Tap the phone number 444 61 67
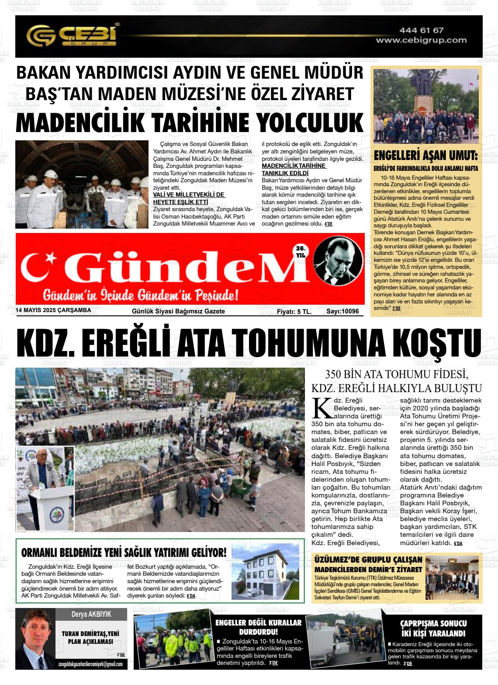[x=421, y=30]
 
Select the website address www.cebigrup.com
[x=421, y=40]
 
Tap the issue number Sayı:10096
[x=342, y=311]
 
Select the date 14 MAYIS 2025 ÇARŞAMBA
[x=53, y=310]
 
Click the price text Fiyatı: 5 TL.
[x=294, y=311]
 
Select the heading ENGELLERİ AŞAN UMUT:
[x=425, y=156]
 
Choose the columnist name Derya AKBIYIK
[x=91, y=614]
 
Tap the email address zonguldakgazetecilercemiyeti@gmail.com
[x=90, y=664]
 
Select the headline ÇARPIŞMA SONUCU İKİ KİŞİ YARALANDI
[x=433, y=628]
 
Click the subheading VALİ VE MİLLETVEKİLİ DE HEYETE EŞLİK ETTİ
[x=189, y=198]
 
